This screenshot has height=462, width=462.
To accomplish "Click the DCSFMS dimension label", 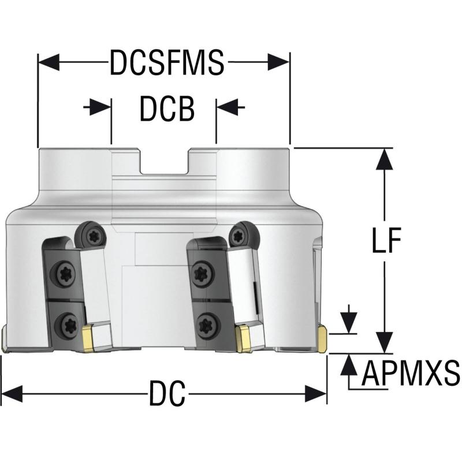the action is point(167,62).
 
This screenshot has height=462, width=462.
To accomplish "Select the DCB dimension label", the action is point(167,109).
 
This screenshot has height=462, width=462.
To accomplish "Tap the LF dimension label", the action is point(386,240).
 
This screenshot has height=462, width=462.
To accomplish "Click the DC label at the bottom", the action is point(167,394).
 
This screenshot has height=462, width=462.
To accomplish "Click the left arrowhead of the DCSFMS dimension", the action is point(49,62).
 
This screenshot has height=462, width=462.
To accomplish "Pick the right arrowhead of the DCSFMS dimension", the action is point(279,62).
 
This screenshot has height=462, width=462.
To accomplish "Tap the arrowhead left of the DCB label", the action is point(100,107).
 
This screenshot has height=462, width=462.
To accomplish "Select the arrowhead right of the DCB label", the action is point(227,107).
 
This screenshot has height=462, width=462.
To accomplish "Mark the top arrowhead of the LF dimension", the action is point(384,159).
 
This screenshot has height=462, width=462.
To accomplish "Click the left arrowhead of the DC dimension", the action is point(12,394).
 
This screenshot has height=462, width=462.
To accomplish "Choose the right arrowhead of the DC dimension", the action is point(316,394).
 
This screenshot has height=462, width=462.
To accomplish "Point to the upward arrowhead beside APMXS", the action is point(349,364).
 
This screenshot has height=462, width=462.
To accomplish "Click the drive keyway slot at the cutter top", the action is point(165,161).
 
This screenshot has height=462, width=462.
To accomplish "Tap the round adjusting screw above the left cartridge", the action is point(90,236).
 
